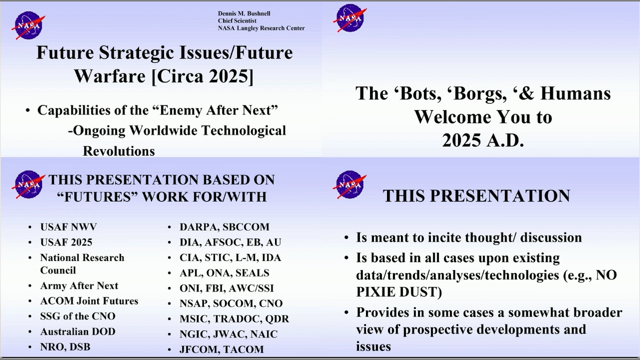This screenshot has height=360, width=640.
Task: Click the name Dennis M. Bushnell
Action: (244, 13)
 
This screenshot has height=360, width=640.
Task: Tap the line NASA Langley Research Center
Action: (261, 28)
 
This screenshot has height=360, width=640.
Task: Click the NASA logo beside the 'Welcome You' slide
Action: (350, 17)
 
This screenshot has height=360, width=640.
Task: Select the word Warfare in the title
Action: (110, 76)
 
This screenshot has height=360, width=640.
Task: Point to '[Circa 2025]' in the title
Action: (202, 76)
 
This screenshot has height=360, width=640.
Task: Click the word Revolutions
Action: (119, 151)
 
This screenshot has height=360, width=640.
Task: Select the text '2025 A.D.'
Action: (483, 140)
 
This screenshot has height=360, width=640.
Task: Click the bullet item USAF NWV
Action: (68, 227)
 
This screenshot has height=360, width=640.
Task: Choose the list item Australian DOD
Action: (77, 331)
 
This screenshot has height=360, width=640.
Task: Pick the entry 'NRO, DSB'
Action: (65, 347)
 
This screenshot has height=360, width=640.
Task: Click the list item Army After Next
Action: (79, 285)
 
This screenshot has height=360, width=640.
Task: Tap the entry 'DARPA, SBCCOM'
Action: (224, 227)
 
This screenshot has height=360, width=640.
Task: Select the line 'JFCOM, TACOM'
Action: (221, 349)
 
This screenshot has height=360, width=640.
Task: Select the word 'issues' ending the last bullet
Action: (373, 347)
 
